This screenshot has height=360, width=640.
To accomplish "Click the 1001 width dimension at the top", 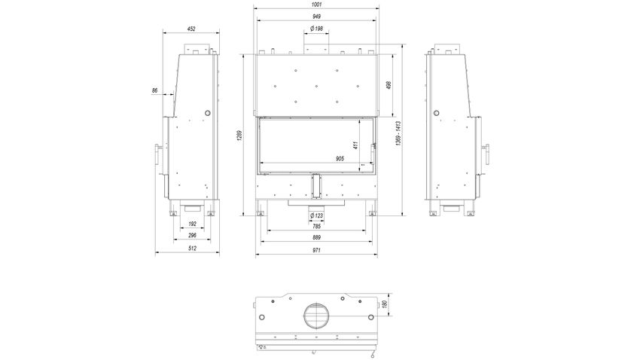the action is (316, 5).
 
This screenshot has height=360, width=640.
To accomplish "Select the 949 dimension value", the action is (316, 17).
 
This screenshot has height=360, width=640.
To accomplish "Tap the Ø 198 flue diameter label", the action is (316, 29).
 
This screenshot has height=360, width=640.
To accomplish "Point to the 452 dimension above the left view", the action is (191, 29).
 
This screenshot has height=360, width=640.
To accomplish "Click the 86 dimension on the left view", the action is (154, 90).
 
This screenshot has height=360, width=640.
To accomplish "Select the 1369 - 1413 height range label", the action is (398, 133).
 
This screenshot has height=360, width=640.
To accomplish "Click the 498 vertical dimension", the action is (389, 85).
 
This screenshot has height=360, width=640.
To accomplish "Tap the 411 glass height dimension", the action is (355, 145).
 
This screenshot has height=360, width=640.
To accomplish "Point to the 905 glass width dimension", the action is (340, 159).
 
